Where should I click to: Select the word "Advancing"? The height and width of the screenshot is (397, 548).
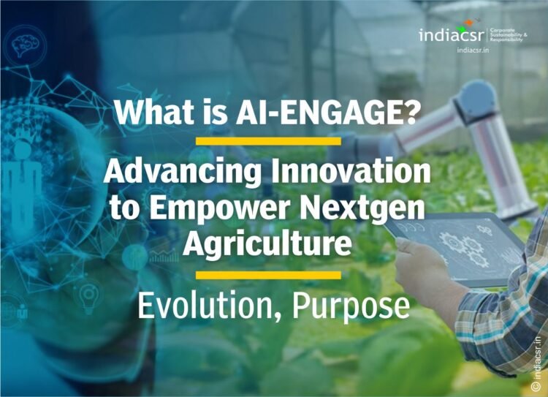pyautogui.click(x=180, y=173)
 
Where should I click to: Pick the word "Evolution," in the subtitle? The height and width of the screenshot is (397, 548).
pyautogui.click(x=211, y=306)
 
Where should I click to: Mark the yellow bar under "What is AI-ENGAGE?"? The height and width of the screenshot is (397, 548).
pyautogui.click(x=268, y=141)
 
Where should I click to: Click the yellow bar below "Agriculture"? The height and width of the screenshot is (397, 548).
pyautogui.click(x=268, y=275)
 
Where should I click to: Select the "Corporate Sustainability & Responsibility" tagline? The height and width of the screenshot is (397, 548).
pyautogui.click(x=507, y=35)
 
